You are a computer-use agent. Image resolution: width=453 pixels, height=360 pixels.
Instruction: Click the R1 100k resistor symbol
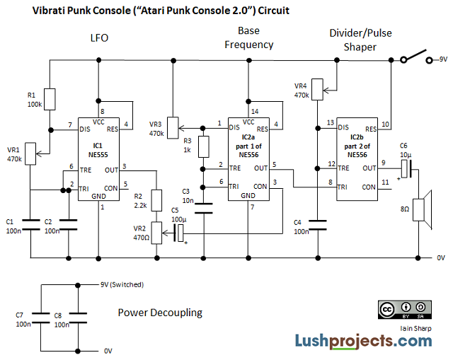coord(50,99)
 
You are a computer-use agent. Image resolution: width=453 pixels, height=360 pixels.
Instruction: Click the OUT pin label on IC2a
coord(260,168)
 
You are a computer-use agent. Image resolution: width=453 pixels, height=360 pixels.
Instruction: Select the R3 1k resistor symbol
coord(203,146)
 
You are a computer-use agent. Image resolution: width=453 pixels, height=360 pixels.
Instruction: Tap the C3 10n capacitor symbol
coord(203,208)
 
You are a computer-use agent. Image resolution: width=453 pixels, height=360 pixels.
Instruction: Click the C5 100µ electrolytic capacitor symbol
coord(181,230)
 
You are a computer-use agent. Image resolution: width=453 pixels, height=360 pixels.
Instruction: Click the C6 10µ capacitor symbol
coord(405,168)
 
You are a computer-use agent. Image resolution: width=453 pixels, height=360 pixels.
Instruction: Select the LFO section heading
coord(99,37)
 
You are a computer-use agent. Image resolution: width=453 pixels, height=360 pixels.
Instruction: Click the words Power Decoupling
coord(160,312)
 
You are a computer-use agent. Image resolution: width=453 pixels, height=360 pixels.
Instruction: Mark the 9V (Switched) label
coord(121,285)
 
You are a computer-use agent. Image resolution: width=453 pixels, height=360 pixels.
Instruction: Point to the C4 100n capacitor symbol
coord(320,225)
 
